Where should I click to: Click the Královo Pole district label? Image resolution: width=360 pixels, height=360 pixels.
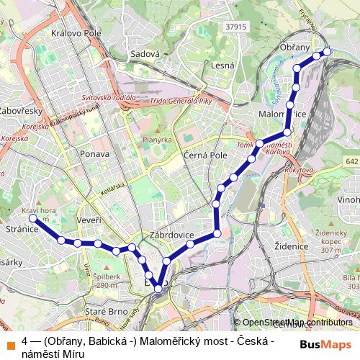point(74,33)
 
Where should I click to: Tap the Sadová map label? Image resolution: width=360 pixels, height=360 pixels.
point(145,54)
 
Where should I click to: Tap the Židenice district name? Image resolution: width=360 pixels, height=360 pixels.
point(292,246)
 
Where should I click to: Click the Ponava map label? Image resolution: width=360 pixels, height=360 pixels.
point(96,154)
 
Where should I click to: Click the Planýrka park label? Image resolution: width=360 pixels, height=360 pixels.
point(157,140)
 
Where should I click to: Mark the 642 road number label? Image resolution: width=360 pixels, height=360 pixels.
point(351,163)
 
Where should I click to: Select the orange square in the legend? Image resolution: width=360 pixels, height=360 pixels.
point(12,341)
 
